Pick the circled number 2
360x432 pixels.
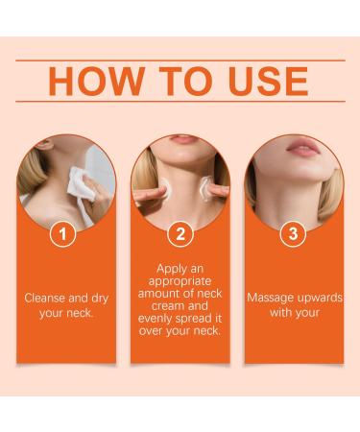(x=179, y=234)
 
